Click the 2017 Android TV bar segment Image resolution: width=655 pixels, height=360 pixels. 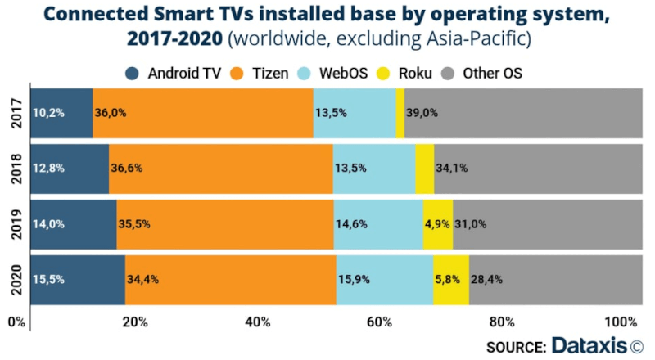(x=61, y=113)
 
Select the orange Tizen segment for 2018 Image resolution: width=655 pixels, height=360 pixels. (x=221, y=169)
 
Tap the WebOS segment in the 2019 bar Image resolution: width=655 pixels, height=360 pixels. (x=378, y=223)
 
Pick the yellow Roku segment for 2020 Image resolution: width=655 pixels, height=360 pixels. (x=451, y=279)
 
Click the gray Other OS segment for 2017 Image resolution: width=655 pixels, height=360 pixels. (x=524, y=113)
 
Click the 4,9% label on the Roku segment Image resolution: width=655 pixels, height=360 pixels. (x=437, y=223)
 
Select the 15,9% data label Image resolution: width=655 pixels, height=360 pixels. (x=354, y=279)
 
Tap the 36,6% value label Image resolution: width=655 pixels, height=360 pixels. (x=127, y=169)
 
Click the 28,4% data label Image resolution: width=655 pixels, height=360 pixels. (x=486, y=279)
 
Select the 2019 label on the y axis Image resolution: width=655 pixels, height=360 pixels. (x=16, y=223)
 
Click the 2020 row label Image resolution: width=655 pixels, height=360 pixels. (x=16, y=279)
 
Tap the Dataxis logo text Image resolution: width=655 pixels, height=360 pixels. (x=588, y=344)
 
